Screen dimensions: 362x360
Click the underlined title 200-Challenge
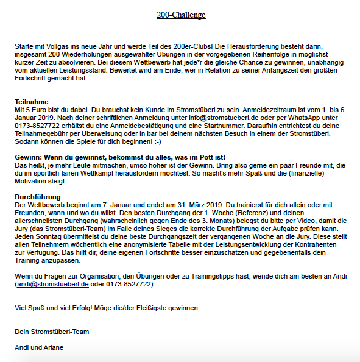[x=180, y=15]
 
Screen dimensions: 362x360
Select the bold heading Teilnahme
[x=31, y=101]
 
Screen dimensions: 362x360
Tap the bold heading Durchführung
[x=38, y=197]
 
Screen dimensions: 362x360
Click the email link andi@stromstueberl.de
[x=52, y=284]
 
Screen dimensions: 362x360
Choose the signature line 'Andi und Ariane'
[x=39, y=347]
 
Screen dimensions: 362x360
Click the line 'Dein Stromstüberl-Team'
[x=52, y=332]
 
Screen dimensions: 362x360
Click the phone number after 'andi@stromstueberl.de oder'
[x=130, y=284]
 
